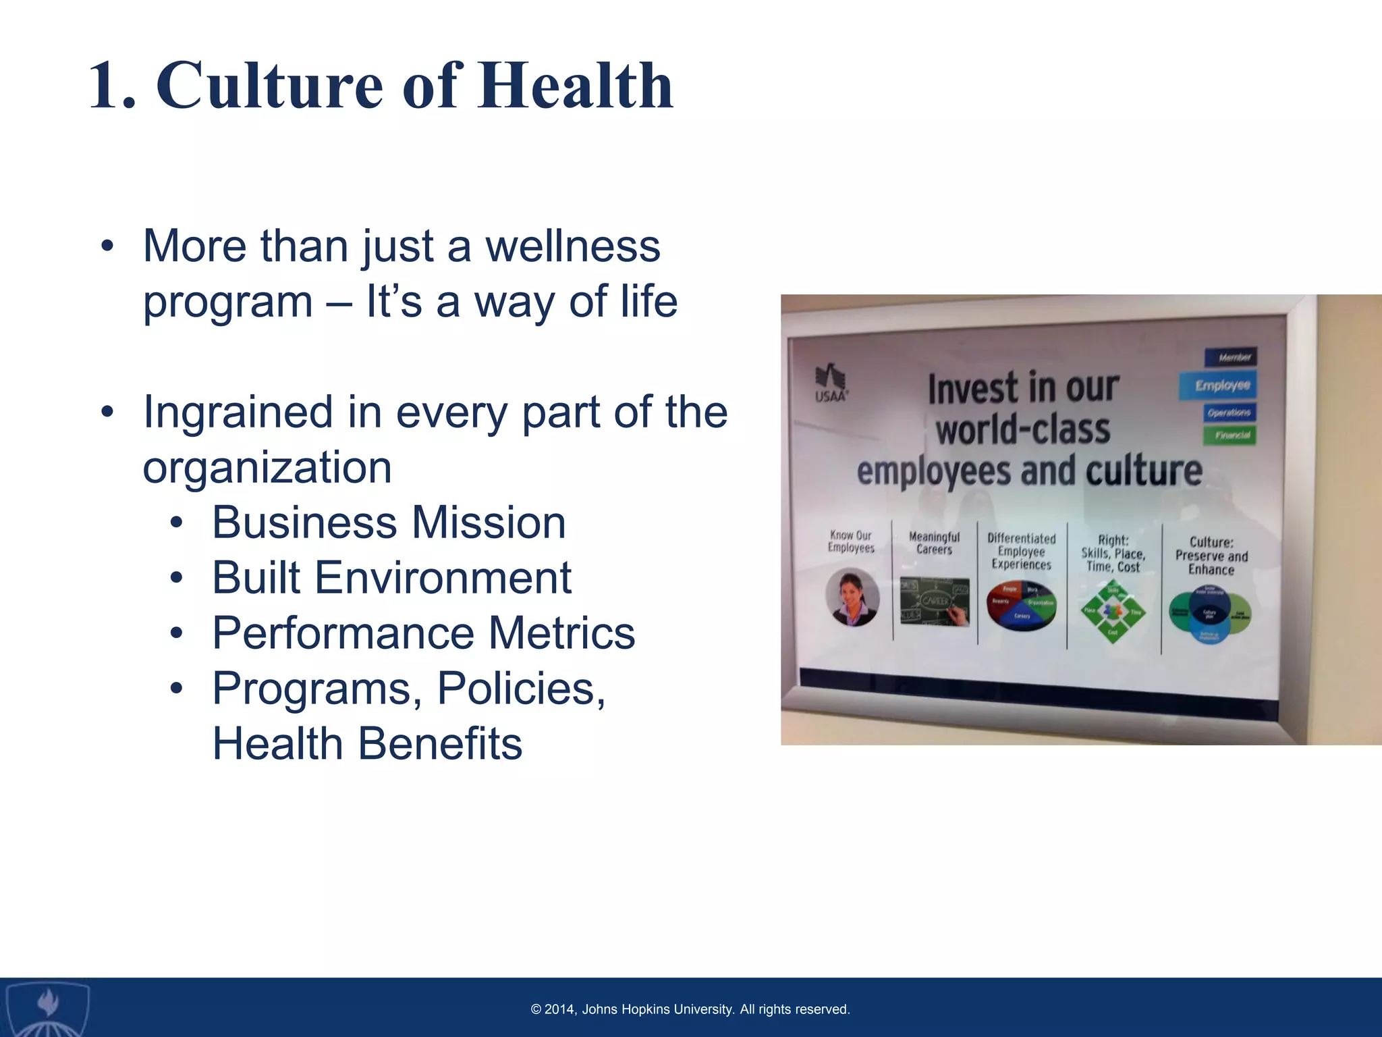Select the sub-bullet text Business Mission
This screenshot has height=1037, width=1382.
pyautogui.click(x=389, y=523)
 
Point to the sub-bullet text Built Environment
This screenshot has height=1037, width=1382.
pyautogui.click(x=391, y=578)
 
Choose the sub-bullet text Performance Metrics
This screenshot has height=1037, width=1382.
pyautogui.click(x=423, y=633)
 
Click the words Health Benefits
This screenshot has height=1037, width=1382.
pyautogui.click(x=367, y=744)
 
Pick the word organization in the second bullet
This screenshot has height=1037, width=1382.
pyautogui.click(x=267, y=467)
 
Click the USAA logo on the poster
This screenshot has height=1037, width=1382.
pyautogui.click(x=831, y=383)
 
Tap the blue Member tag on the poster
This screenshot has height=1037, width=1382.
pyautogui.click(x=1230, y=357)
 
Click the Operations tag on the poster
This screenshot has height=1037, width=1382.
pyautogui.click(x=1229, y=413)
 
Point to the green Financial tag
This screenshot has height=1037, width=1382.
pyautogui.click(x=1230, y=435)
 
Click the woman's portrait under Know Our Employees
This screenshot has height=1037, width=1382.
pyautogui.click(x=852, y=597)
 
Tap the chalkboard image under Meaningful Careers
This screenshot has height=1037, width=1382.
pyautogui.click(x=935, y=601)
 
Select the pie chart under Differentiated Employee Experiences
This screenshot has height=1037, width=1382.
pyautogui.click(x=1021, y=605)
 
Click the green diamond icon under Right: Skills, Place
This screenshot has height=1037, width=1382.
pyautogui.click(x=1113, y=611)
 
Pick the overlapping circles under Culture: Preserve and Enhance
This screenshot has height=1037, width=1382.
pyautogui.click(x=1210, y=615)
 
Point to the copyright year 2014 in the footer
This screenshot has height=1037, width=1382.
pyautogui.click(x=559, y=1009)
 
